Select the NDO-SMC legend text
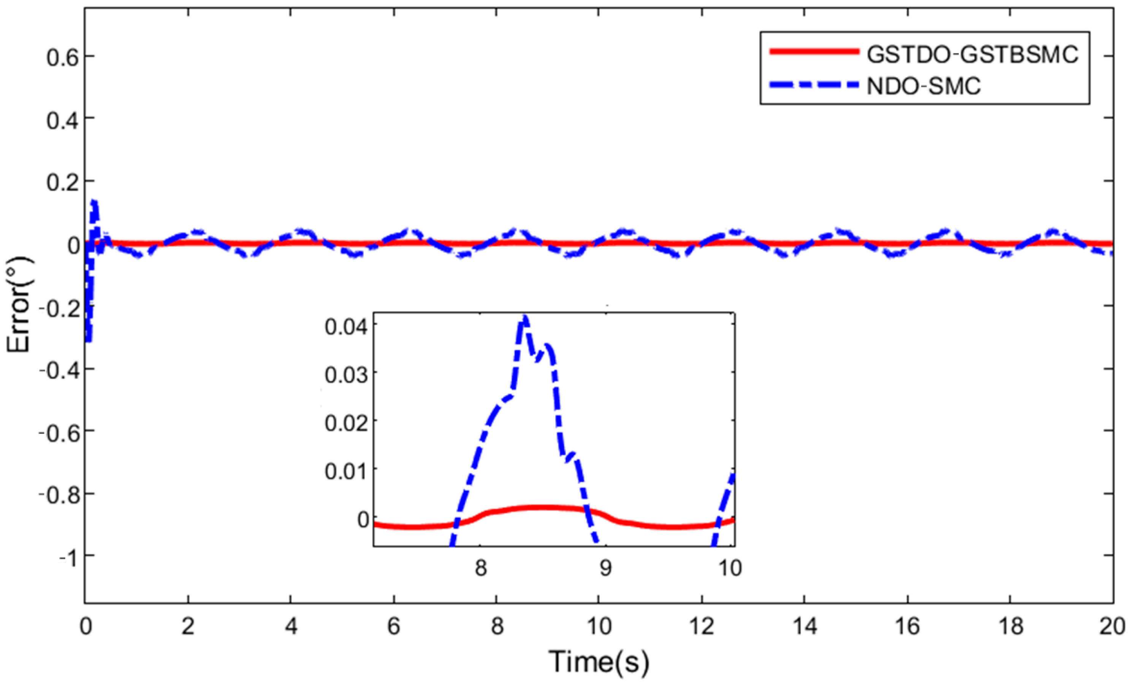click(x=924, y=86)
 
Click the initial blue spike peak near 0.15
click(x=94, y=202)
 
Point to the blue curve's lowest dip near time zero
click(x=88, y=339)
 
